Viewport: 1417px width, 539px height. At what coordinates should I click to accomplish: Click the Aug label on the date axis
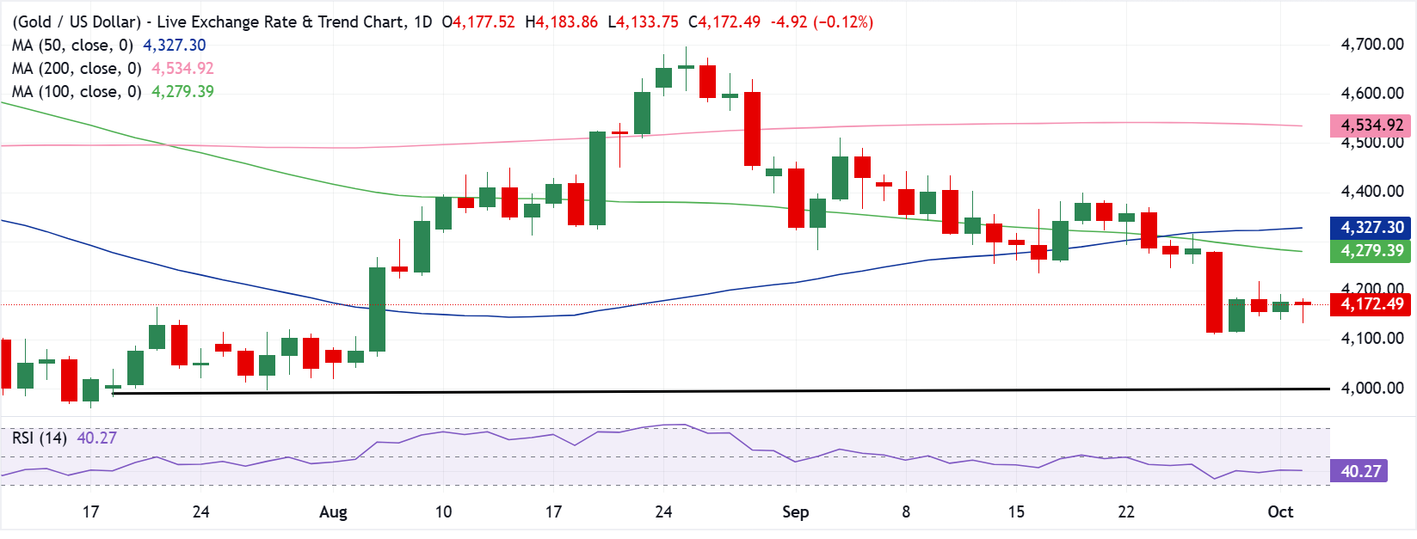point(333,511)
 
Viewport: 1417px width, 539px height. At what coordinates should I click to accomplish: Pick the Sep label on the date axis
point(795,511)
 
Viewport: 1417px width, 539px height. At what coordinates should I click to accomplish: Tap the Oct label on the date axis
point(1280,511)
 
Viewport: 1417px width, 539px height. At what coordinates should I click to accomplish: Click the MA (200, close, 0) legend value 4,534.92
point(182,68)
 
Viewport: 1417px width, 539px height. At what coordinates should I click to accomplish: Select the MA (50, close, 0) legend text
point(73,46)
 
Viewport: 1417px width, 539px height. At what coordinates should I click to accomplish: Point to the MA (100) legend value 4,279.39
point(182,92)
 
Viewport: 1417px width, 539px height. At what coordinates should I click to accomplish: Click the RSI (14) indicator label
point(40,438)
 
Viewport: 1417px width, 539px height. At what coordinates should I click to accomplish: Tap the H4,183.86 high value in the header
point(562,22)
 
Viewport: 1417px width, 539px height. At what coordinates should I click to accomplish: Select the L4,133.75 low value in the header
point(644,22)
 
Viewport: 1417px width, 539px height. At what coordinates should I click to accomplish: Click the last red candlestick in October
point(1303,304)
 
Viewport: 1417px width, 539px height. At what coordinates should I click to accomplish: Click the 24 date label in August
point(663,511)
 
